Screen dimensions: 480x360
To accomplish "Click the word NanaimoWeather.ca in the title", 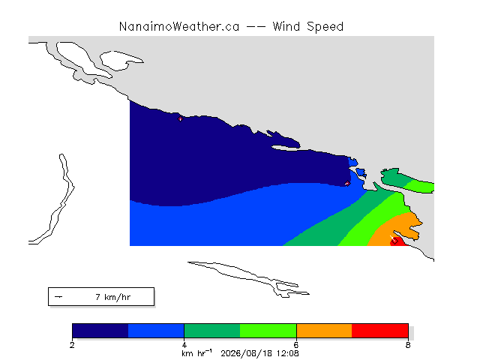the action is [x=179, y=27].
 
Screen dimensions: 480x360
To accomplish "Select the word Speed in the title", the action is [x=325, y=27].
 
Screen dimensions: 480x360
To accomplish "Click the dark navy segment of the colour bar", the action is [x=100, y=331].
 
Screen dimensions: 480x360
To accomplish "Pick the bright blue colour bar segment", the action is [x=156, y=331].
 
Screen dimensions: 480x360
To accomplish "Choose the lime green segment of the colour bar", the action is [x=268, y=331].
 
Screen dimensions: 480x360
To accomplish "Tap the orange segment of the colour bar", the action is [x=324, y=331].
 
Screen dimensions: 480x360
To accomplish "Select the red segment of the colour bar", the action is [x=380, y=331].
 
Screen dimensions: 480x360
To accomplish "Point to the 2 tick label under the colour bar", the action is [x=72, y=345].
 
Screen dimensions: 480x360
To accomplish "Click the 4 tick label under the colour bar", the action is [x=184, y=345].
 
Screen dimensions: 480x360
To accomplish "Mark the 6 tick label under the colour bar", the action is [x=296, y=345].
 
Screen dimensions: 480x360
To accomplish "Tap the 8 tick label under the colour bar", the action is [x=408, y=345].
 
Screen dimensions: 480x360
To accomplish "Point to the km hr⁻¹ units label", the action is [x=196, y=353].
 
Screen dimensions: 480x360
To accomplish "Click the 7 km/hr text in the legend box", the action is [x=113, y=297].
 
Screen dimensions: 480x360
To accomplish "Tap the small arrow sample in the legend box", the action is [x=58, y=297].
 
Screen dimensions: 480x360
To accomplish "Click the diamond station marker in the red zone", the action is [x=394, y=241].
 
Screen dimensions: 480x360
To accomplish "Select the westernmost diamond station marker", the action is [x=180, y=119].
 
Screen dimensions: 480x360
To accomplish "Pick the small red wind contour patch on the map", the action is [x=398, y=241].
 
